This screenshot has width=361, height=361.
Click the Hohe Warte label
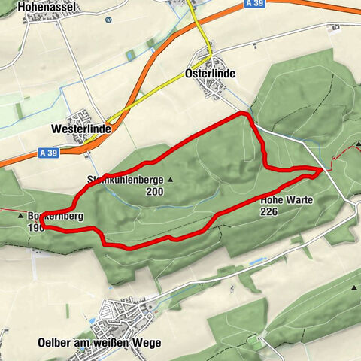[285, 201]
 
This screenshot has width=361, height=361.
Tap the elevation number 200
[156, 191]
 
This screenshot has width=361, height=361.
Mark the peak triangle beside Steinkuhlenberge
[171, 180]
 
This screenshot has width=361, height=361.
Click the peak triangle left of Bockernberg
[20, 216]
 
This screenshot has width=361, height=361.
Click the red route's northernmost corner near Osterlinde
[243, 114]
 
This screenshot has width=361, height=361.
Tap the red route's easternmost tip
[321, 171]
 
